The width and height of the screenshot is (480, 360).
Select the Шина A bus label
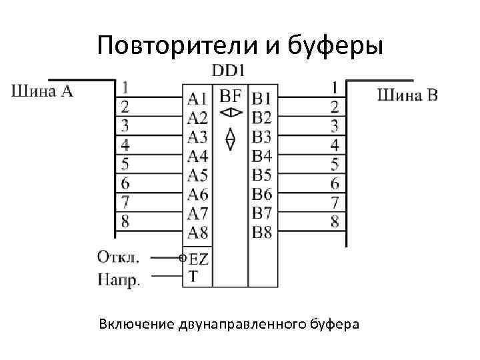click(x=41, y=92)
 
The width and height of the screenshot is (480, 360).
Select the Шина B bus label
click(x=408, y=95)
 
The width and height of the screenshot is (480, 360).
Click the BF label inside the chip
click(x=230, y=97)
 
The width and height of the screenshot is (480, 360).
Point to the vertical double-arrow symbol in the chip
click(x=230, y=138)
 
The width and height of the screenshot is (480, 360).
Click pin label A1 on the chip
click(x=197, y=99)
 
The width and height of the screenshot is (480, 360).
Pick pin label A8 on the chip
click(x=197, y=232)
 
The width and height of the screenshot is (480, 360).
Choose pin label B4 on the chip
click(x=262, y=156)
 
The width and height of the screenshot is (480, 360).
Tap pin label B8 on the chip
click(x=262, y=232)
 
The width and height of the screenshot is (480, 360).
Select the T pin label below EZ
click(x=193, y=275)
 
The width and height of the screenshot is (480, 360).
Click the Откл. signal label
click(x=118, y=257)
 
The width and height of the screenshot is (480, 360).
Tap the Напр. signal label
click(x=119, y=279)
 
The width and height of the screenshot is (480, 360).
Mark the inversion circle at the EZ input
click(x=183, y=257)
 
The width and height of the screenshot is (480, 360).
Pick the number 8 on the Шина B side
click(x=335, y=221)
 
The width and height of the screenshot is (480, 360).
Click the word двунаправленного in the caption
click(x=243, y=325)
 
